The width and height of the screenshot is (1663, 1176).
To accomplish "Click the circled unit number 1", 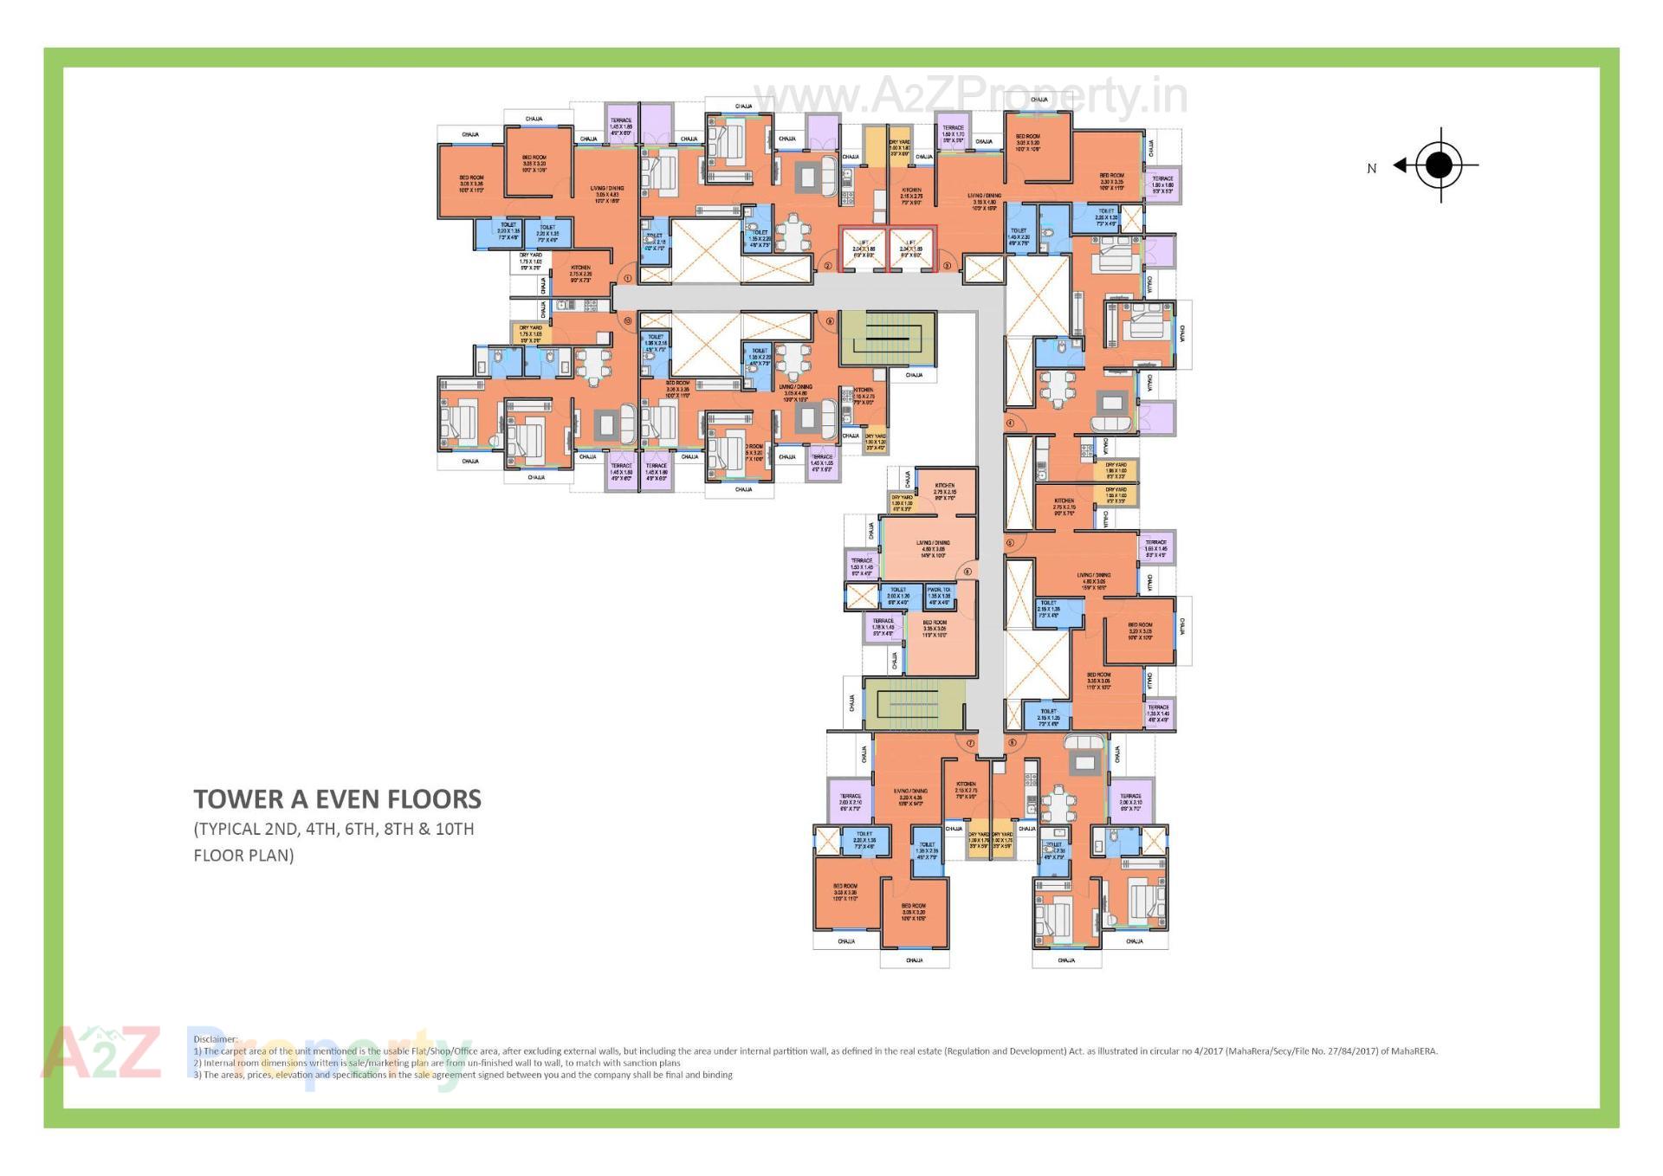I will tap(627, 278).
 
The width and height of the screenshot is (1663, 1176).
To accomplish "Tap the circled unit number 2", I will tap(827, 266).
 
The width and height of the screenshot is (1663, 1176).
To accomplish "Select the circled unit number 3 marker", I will tap(947, 266).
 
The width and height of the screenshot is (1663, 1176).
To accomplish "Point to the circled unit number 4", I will tap(1010, 423).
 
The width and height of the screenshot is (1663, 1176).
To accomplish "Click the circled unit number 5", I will tap(1010, 543).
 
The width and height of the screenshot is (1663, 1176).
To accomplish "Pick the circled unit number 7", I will tap(970, 743).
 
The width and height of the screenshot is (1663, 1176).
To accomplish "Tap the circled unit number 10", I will tap(627, 320).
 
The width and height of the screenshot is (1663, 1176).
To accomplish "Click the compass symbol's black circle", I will tap(1439, 165).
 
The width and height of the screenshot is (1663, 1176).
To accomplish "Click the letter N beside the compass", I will tap(1371, 169).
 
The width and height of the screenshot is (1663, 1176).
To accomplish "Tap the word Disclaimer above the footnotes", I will tap(215, 1039).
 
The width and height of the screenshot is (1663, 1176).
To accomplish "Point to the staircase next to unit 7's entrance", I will tap(914, 703).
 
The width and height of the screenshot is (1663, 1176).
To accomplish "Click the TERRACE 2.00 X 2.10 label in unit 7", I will tap(850, 799).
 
